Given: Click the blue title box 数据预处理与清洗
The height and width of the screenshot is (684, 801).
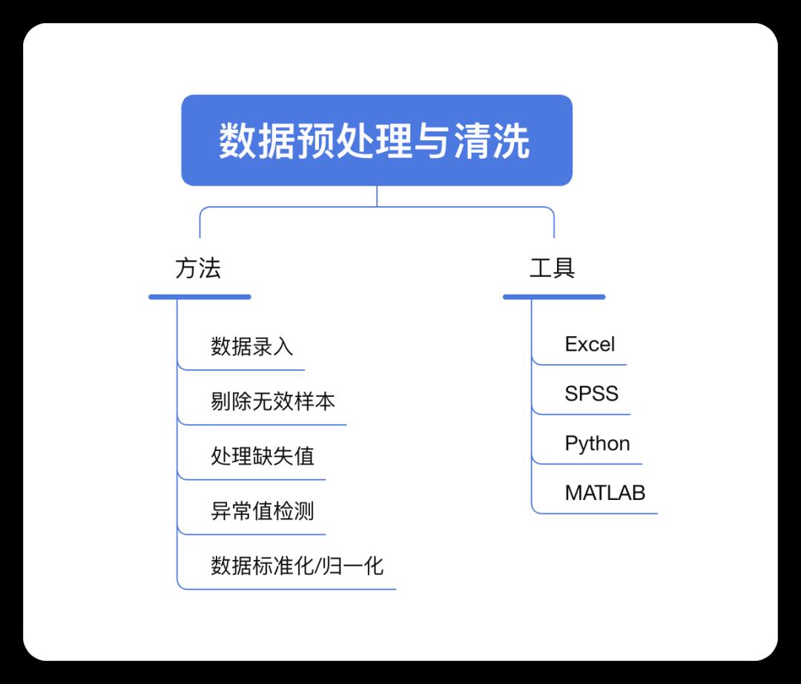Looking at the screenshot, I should click(x=377, y=140).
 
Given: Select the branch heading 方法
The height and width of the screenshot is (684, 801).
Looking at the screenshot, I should click(x=198, y=269).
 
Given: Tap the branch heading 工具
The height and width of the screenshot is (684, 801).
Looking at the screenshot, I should click(x=553, y=269).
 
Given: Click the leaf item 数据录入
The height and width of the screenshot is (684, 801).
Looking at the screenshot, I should click(x=252, y=346).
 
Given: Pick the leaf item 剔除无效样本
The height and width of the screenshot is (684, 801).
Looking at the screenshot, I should click(x=273, y=401).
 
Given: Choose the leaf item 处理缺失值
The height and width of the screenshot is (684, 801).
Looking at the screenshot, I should click(x=263, y=456).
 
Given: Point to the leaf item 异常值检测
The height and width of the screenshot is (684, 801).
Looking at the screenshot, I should click(x=263, y=510).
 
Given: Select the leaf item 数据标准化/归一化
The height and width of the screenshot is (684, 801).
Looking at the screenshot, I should click(x=297, y=566).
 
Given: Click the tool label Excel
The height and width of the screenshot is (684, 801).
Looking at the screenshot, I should click(x=590, y=344).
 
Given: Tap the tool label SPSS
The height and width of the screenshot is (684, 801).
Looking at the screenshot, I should click(x=591, y=393).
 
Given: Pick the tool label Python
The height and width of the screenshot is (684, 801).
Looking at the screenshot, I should click(x=597, y=444).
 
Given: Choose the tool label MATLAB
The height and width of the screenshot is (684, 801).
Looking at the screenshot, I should click(x=605, y=493).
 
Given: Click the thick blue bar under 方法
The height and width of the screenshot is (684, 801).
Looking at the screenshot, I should click(x=200, y=297).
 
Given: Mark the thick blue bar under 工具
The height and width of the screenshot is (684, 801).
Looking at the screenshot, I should click(x=554, y=297).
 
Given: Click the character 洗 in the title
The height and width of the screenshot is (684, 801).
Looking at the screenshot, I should click(x=511, y=141).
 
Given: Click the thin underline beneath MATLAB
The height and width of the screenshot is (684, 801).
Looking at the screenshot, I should click(x=601, y=513).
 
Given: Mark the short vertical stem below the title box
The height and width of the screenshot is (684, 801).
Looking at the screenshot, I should click(x=377, y=196).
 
